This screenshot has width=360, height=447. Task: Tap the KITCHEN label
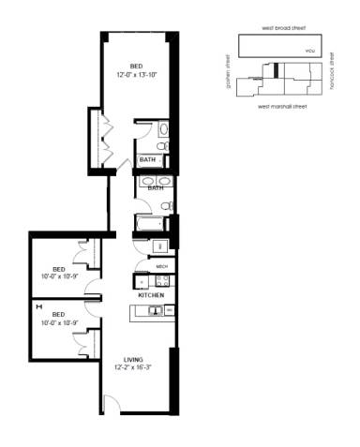[x=151, y=295]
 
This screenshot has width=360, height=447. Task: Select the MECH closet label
[x=161, y=266]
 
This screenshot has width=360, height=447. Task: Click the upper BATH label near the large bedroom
[x=147, y=160]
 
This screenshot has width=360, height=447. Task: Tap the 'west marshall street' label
[x=283, y=107]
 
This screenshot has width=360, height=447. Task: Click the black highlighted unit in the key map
[x=277, y=69]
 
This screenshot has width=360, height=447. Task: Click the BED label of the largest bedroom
[x=137, y=65]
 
